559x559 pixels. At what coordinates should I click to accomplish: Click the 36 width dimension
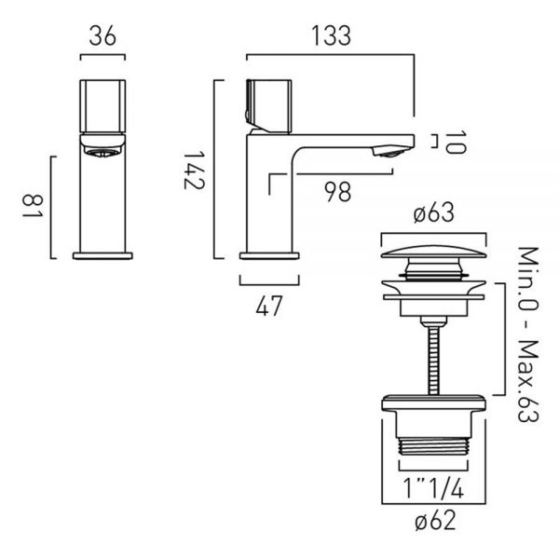pos(102,36)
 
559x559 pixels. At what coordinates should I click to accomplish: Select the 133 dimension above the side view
pos(331,36)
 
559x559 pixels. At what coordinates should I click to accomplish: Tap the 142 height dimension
pos(194,170)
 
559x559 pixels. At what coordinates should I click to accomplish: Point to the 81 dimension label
pos(33,207)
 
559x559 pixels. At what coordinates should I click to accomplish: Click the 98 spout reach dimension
pos(337,192)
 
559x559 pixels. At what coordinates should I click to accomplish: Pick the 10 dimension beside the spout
pos(456,143)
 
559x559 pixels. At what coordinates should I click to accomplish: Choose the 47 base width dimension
pos(269,306)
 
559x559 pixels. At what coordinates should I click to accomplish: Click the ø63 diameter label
pos(434,212)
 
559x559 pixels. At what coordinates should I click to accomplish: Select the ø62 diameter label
pos(435,520)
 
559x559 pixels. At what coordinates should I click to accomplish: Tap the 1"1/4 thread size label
pos(433,488)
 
